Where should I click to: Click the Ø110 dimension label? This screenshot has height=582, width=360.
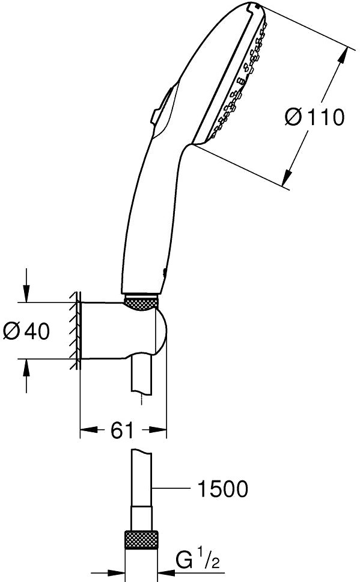point(315,117)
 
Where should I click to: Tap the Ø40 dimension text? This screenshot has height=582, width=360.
point(26,331)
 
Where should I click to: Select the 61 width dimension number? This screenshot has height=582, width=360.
point(122,430)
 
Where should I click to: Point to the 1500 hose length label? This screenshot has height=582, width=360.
point(222,488)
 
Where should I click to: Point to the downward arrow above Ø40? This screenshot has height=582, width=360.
point(26,285)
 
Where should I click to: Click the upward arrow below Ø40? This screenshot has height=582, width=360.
point(26,376)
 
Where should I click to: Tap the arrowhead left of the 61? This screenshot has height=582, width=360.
point(86,430)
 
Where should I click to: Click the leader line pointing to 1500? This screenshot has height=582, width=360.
point(171,488)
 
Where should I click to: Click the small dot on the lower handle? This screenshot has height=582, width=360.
point(163,273)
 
